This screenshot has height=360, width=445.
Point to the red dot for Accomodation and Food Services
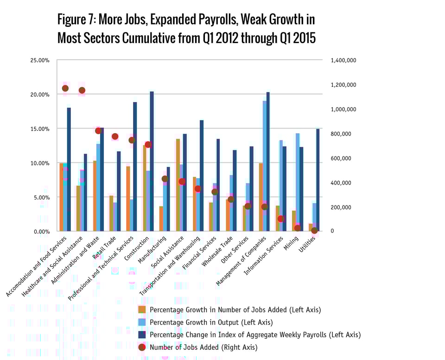click(65, 88)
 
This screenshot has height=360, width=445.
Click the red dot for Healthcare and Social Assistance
click(82, 90)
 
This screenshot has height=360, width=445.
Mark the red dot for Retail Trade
click(115, 136)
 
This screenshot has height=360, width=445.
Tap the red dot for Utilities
click(314, 231)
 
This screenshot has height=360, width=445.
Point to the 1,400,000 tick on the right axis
click(343, 60)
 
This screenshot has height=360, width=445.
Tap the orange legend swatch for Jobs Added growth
click(142, 309)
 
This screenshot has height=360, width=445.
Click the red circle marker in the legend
click(142, 347)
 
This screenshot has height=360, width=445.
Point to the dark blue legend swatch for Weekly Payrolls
click(142, 334)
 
